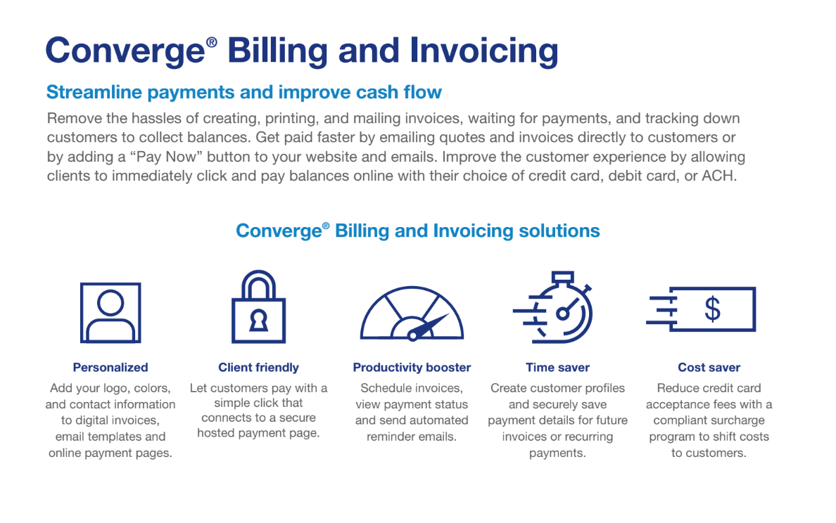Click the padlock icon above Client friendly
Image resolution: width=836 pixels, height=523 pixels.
tap(258, 307)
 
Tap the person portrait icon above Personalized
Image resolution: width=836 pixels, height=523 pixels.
tap(110, 312)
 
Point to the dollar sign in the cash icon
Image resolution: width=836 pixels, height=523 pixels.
tap(712, 309)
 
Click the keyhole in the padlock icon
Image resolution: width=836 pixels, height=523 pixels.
tap(259, 321)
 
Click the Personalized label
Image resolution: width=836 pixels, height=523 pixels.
tap(110, 367)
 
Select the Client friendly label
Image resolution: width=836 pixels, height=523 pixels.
tap(258, 367)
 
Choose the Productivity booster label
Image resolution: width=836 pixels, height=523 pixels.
tap(412, 367)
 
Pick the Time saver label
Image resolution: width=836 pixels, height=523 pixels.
tap(557, 367)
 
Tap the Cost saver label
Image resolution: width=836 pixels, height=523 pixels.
tap(709, 367)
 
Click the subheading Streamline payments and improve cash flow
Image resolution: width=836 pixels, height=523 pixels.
tap(243, 91)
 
